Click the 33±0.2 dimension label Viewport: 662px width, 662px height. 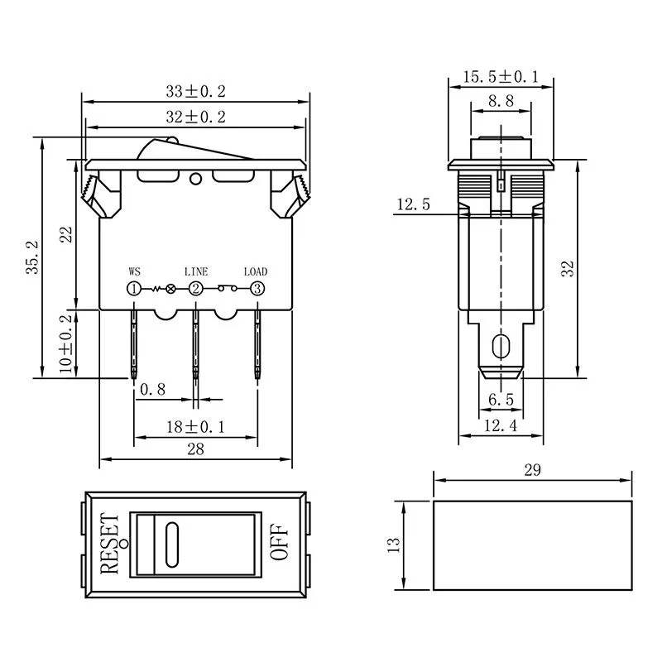click(196, 91)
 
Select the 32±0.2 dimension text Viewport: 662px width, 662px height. click(196, 117)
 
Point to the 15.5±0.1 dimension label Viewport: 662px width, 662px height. click(501, 77)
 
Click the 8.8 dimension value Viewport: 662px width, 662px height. click(501, 101)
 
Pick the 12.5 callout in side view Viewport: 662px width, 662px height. click(413, 204)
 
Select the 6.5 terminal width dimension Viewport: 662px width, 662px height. click(501, 400)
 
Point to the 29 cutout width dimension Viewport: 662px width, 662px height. click(532, 470)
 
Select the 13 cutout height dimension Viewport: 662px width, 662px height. click(394, 544)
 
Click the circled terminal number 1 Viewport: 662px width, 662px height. click(133, 288)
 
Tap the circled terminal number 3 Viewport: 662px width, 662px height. click(257, 288)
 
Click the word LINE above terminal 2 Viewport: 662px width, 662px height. click(196, 271)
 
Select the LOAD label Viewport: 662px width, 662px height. click(256, 271)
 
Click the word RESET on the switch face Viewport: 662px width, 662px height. click(109, 544)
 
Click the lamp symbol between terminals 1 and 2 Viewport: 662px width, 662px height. click(171, 289)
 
